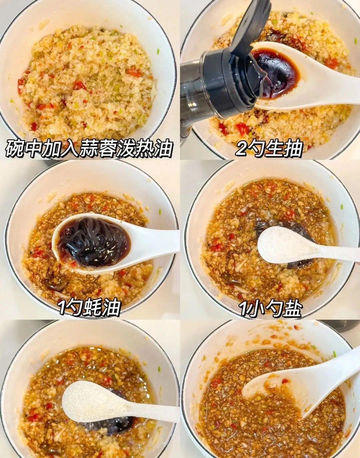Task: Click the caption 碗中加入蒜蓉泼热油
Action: pyautogui.click(x=89, y=149)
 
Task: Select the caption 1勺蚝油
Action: pyautogui.click(x=89, y=308)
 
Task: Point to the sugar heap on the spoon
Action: pyautogui.click(x=90, y=402)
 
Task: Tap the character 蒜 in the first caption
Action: pyautogui.click(x=88, y=149)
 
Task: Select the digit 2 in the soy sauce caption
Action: pyautogui.click(x=241, y=149)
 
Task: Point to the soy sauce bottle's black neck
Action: pyautogui.click(x=213, y=80)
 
